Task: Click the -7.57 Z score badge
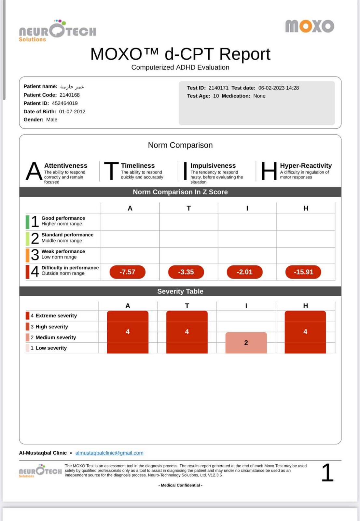127,272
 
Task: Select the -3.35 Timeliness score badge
186,272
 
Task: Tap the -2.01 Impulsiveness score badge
244,272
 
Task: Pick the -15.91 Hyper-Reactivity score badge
303,272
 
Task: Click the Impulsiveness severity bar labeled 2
246,343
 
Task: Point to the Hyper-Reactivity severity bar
305,332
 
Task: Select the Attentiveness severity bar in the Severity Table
128,332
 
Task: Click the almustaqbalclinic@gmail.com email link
109,453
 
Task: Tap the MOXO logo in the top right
310,26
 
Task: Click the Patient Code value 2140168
69,95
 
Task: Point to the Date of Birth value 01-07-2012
72,111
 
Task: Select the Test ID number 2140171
218,88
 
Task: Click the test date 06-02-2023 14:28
278,88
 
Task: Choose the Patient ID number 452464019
65,103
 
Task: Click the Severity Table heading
180,291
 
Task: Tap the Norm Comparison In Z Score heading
180,192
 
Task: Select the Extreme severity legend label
56,316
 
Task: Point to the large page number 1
327,473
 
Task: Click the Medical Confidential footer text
180,485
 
